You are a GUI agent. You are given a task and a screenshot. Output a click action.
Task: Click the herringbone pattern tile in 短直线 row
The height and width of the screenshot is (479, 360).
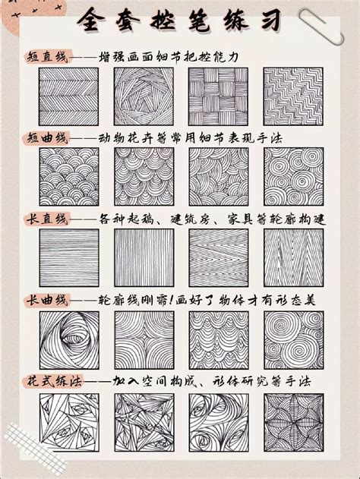point(68,97)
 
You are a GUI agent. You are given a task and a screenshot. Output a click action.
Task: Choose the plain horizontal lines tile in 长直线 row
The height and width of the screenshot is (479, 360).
point(68,258)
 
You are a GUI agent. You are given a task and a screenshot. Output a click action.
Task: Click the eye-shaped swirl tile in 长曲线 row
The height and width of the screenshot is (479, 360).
point(68,339)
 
